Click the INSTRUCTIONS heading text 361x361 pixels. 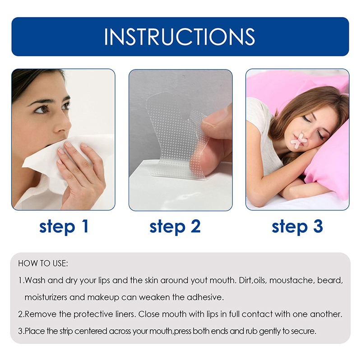(180, 37)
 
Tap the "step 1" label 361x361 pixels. (64, 227)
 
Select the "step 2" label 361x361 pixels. (175, 227)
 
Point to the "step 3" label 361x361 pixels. (297, 227)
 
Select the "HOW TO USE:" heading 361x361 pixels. (43, 264)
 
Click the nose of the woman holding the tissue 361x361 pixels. (62, 125)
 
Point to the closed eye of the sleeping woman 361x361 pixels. (307, 119)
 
